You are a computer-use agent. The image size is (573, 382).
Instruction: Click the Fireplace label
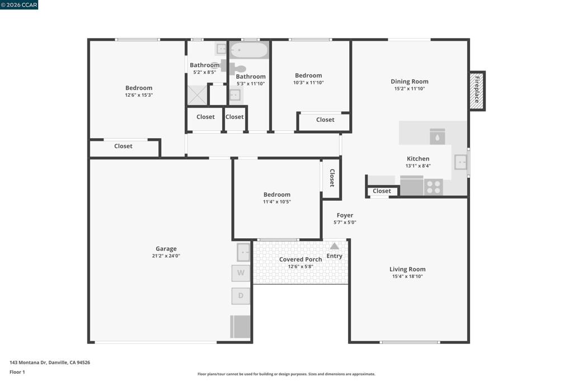click(x=477, y=89)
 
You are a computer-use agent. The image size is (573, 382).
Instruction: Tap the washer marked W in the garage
click(x=241, y=273)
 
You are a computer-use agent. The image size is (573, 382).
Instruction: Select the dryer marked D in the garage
click(x=241, y=296)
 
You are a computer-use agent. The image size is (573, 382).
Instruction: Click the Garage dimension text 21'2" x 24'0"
click(x=166, y=256)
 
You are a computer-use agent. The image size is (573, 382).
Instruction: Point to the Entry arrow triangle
click(x=335, y=246)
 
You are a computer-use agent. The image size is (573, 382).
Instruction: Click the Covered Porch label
click(x=300, y=260)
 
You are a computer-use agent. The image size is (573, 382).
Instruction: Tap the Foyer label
click(x=345, y=215)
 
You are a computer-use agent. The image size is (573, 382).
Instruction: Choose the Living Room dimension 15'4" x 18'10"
click(x=407, y=276)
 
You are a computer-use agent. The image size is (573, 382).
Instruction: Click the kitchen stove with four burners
click(x=434, y=187)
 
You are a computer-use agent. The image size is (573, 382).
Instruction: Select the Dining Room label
click(x=409, y=82)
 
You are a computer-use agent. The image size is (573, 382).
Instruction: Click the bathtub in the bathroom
click(x=249, y=50)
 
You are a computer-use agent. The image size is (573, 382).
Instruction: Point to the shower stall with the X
click(x=198, y=95)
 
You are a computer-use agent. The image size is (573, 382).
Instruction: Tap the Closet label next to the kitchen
click(x=382, y=191)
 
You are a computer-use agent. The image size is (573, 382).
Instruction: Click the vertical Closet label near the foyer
click(x=332, y=178)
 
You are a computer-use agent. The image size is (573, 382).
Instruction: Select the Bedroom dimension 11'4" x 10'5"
click(x=277, y=202)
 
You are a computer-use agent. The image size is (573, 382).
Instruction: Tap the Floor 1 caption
click(x=17, y=372)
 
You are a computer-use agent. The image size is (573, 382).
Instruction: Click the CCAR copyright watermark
click(x=19, y=4)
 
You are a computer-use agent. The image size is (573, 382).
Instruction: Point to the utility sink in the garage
click(x=243, y=252)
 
